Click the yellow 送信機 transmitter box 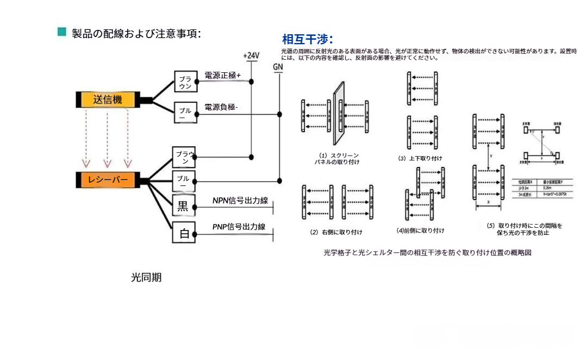click(107, 100)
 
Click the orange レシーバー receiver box click(107, 180)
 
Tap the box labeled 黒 click(184, 206)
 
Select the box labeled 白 click(184, 234)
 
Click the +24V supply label click(251, 56)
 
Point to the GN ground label click(278, 67)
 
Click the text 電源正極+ click(222, 76)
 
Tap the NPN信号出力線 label click(240, 201)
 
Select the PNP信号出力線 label click(239, 227)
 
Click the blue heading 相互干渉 click(307, 39)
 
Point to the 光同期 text click(146, 277)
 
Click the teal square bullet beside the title click(62, 32)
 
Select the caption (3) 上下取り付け click(420, 158)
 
